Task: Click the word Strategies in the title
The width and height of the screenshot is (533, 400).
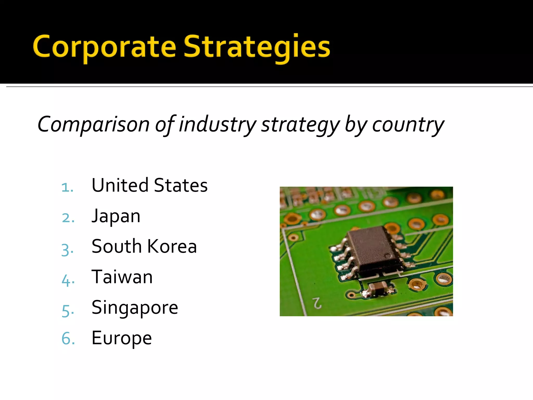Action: [257, 47]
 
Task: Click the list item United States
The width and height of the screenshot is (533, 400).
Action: [150, 185]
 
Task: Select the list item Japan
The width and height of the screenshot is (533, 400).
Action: [116, 216]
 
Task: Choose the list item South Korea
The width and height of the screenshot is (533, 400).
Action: [144, 246]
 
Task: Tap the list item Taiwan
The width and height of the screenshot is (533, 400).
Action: [122, 277]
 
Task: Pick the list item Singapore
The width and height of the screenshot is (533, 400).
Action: [135, 308]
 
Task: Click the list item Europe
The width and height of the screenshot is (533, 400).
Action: [122, 338]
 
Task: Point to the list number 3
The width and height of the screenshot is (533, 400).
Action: [67, 249]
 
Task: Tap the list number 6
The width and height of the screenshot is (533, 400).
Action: [68, 339]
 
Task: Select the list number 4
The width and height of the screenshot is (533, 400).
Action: [68, 280]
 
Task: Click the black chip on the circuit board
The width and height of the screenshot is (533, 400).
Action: [372, 249]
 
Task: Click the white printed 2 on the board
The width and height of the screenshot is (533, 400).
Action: [317, 303]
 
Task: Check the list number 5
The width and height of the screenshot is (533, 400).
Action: [68, 311]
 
